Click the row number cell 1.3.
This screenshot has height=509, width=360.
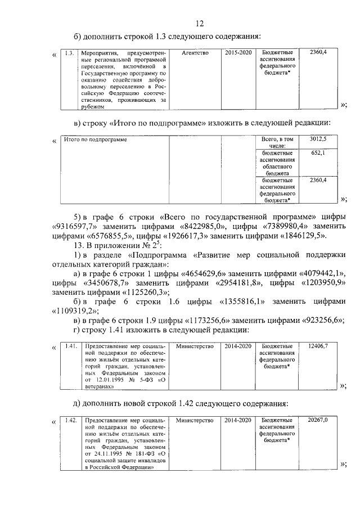[69, 53]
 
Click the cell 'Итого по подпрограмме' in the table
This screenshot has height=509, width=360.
[95, 139]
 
